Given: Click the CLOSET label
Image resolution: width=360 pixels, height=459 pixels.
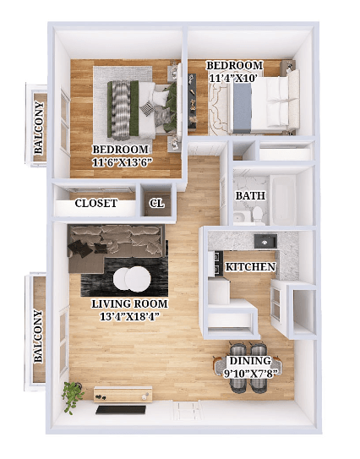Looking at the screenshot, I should pyautogui.click(x=96, y=204).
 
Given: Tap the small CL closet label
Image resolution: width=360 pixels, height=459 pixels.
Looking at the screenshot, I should pyautogui.click(x=157, y=204).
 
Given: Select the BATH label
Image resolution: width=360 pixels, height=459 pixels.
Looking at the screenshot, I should pyautogui.click(x=250, y=196).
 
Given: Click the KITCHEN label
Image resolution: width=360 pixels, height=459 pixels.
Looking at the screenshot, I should pyautogui.click(x=250, y=267).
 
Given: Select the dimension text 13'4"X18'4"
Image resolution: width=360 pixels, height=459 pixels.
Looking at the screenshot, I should pyautogui.click(x=130, y=317).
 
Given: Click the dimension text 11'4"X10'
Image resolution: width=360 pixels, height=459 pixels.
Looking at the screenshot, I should pyautogui.click(x=235, y=79).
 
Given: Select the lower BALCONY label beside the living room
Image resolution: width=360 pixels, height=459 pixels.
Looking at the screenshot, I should pyautogui.click(x=38, y=336).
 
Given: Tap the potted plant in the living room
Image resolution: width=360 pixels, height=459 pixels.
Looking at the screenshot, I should pyautogui.click(x=74, y=393).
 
